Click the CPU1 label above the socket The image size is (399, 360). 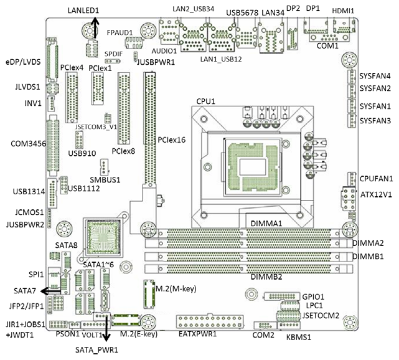coord(206,101)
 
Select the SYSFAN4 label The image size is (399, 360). coord(375,76)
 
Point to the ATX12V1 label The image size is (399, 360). coord(377,194)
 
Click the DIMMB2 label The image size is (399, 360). coord(266,277)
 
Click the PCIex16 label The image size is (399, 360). coord(172,140)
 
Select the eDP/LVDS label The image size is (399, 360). coord(22,62)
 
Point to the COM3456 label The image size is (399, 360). coord(24,144)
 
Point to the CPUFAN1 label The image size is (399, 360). coord(376,178)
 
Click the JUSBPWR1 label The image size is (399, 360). coord(155,62)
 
